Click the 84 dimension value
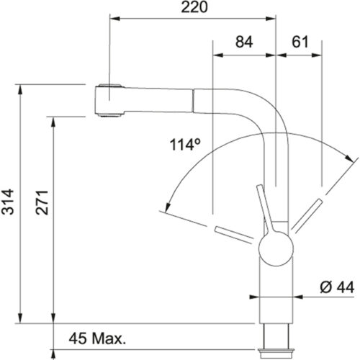pos(244,44)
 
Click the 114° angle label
pos(184,144)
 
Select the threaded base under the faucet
pos(276,338)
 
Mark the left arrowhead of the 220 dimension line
pos(112,17)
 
